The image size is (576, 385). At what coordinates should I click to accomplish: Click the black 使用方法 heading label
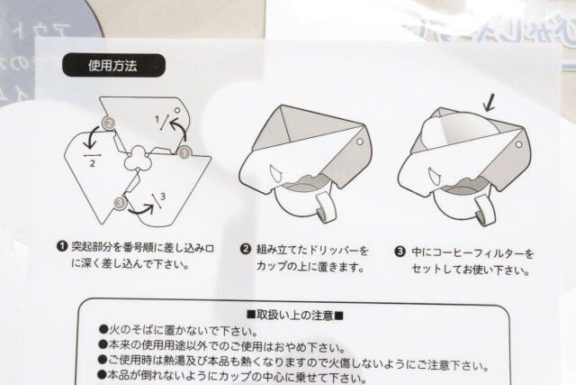click(x=112, y=65)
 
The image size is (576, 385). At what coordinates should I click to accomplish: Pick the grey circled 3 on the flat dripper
click(x=119, y=203)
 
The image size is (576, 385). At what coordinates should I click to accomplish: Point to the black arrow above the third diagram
click(x=488, y=104)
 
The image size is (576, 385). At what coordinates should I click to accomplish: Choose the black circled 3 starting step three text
click(x=399, y=253)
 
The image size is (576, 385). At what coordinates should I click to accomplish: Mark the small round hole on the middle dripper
click(x=359, y=142)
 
